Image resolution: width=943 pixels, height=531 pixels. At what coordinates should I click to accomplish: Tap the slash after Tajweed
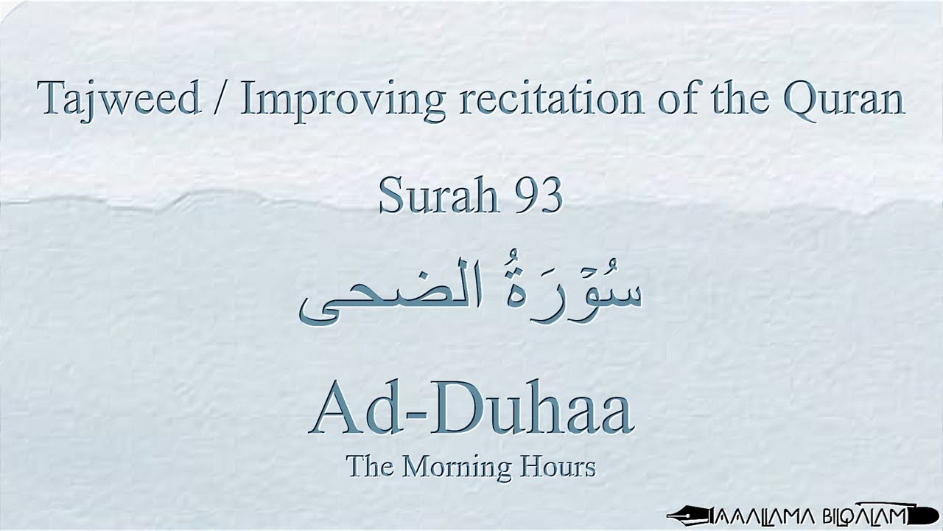[221, 100]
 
